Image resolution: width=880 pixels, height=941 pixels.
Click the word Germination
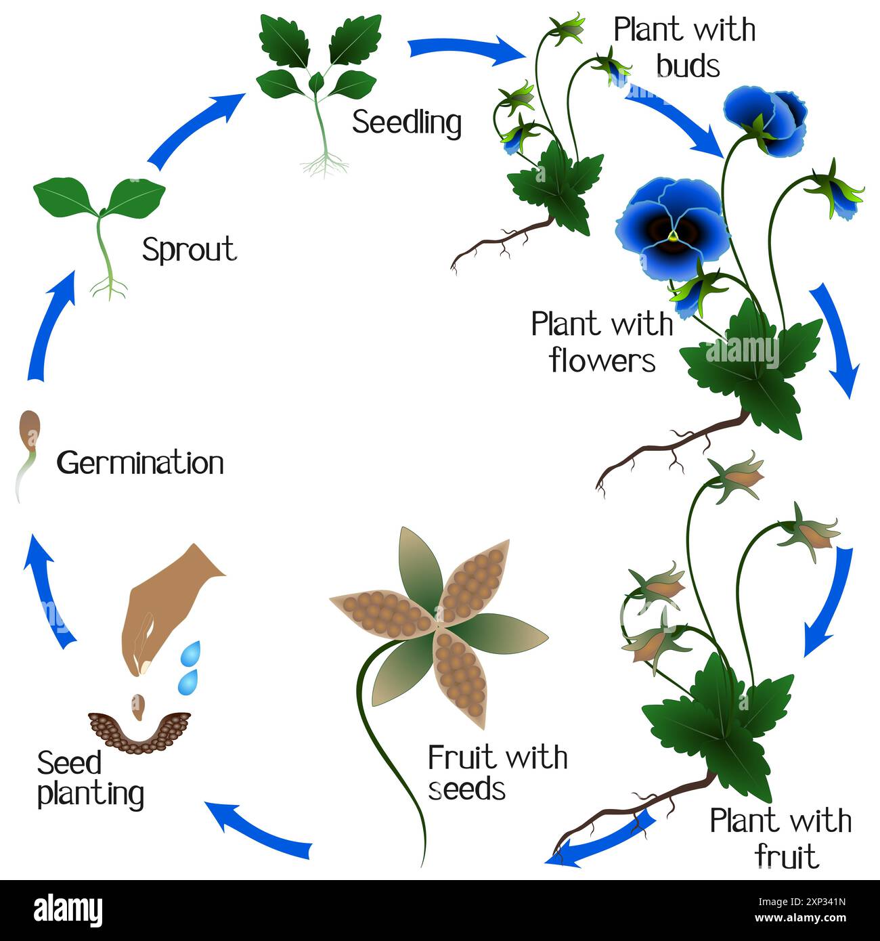click(x=140, y=464)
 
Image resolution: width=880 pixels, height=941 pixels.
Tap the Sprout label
click(x=189, y=250)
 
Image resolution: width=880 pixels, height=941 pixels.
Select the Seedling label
click(x=407, y=123)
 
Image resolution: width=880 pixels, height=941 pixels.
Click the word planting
click(x=91, y=794)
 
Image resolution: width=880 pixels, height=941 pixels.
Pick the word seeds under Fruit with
click(x=467, y=789)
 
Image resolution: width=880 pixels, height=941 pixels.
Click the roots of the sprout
click(x=109, y=289)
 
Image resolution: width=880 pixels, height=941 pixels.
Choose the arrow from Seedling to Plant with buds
click(x=466, y=49)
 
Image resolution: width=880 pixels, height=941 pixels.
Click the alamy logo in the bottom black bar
click(x=68, y=910)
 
